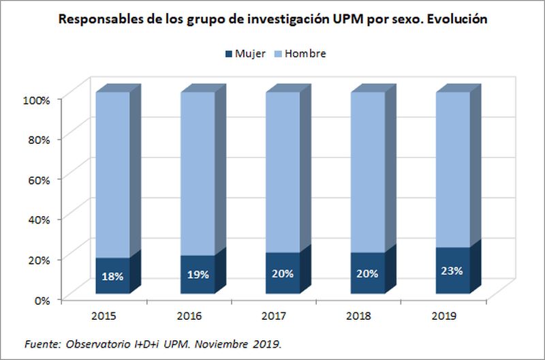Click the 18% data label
coord(112,277)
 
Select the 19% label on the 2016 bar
coord(198,275)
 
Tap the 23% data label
coord(452,270)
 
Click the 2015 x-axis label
coord(104,316)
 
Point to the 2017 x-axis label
coord(274,316)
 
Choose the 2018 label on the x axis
coord(359,316)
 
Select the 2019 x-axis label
coord(444,316)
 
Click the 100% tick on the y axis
coord(37,100)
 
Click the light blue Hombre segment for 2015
coord(112,174)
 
